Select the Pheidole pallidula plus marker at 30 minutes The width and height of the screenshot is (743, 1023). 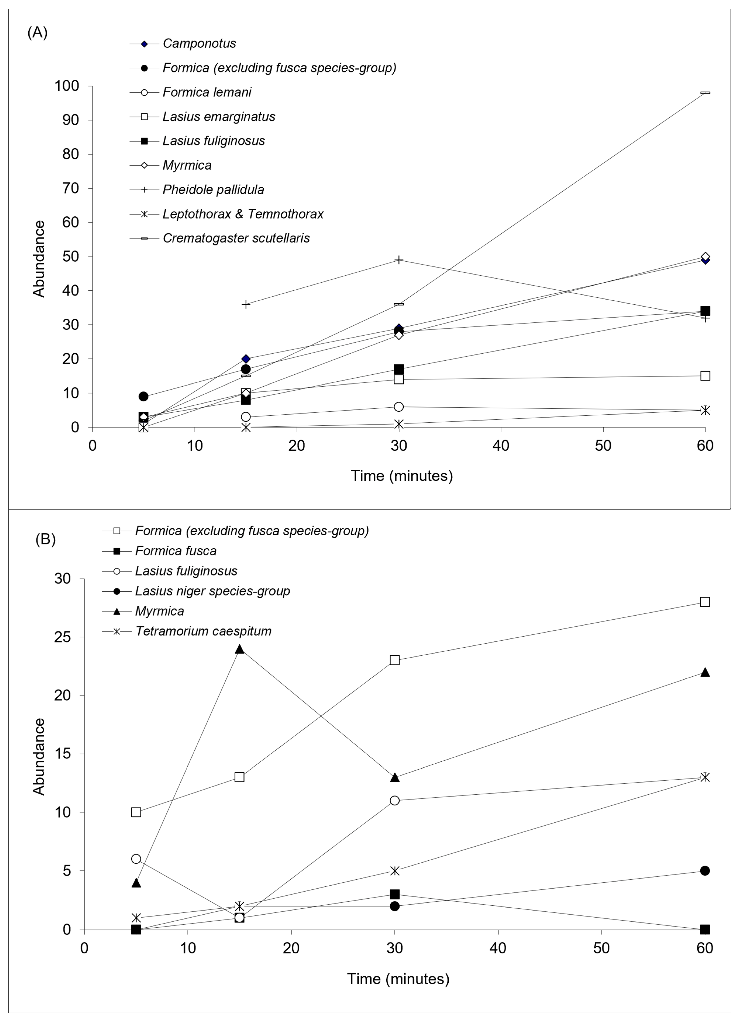[399, 260]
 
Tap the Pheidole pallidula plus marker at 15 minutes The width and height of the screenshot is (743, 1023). [246, 304]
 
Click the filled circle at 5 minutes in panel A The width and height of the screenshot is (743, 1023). [144, 397]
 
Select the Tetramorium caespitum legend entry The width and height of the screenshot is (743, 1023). [203, 631]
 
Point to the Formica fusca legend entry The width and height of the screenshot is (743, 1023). [176, 551]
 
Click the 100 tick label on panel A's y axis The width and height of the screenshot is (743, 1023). [67, 86]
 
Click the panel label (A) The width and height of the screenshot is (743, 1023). [37, 32]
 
